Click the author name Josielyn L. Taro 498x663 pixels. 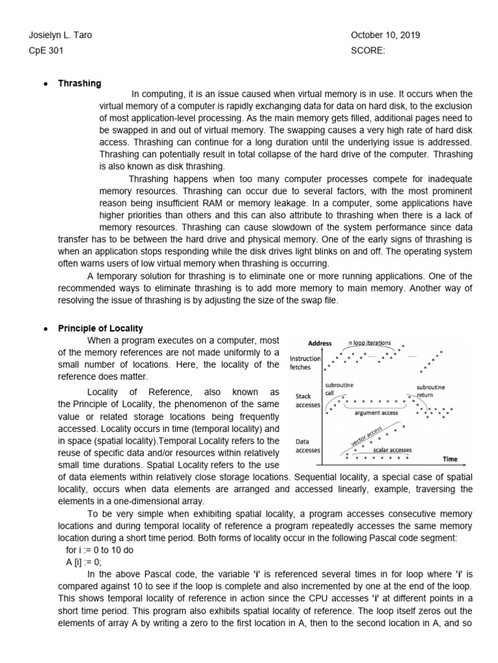[56, 36]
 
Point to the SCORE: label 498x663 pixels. [368, 51]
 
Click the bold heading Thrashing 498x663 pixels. [80, 84]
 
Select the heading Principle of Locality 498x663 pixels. [101, 329]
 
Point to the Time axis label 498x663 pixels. [449, 459]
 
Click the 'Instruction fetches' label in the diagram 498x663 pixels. [304, 363]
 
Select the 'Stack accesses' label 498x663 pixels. [303, 401]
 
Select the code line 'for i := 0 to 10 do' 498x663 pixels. [94, 550]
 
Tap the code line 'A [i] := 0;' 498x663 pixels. [84, 562]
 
